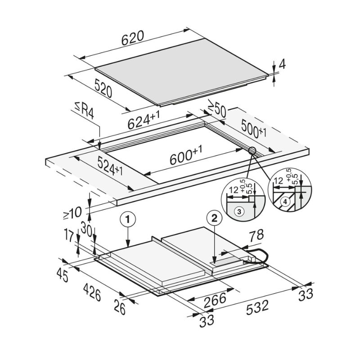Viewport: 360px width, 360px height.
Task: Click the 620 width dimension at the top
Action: click(x=133, y=38)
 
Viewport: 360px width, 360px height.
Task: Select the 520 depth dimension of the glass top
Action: click(x=103, y=88)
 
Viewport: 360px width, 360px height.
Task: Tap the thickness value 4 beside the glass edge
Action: click(x=282, y=64)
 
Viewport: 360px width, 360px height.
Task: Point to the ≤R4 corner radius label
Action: click(x=85, y=111)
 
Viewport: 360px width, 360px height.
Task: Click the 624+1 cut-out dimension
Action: click(x=144, y=120)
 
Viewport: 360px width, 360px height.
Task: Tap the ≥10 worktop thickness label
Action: click(x=72, y=213)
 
